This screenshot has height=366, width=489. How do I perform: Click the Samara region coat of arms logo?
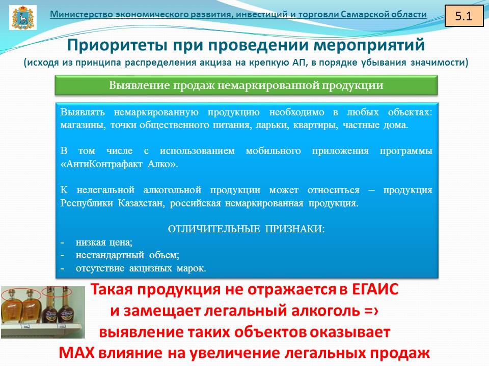pos(23,17)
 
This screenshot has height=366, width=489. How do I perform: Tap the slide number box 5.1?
pos(463,16)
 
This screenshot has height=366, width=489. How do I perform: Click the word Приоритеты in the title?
pos(118,45)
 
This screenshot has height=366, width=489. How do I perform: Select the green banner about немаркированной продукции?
pos(246,85)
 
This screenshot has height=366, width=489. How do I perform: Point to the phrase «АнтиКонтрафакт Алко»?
pos(119,164)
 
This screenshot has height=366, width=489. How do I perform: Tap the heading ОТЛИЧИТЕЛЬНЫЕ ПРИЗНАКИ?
pos(246,229)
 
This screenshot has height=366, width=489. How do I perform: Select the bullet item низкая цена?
pos(104,242)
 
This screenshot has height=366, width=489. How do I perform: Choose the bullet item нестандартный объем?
pos(127,255)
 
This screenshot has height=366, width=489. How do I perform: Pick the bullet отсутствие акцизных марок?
pos(141,268)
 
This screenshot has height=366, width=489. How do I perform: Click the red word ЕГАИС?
pos(375,290)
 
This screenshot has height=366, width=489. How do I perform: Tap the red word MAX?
pos(76,353)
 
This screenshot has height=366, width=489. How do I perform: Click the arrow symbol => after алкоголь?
pos(371,311)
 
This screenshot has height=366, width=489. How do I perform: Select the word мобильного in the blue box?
pos(273,151)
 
